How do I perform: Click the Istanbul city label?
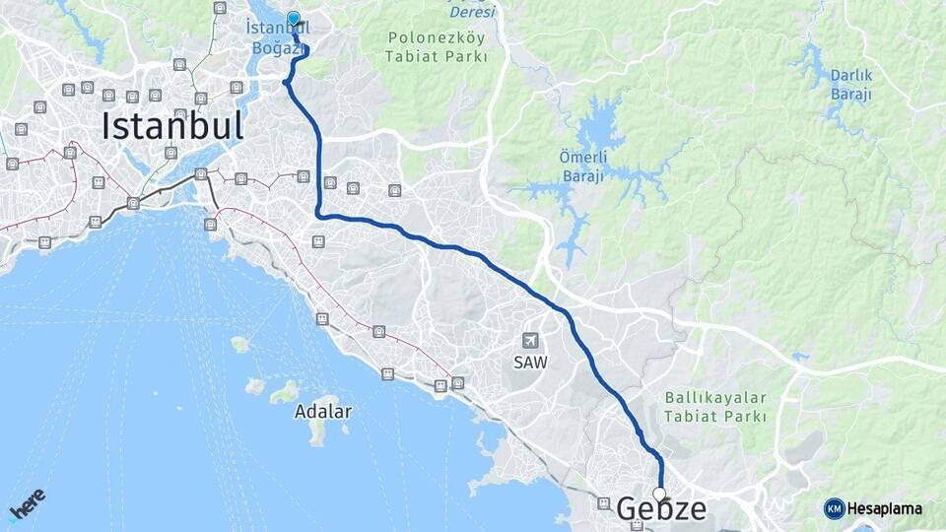coord(172,126)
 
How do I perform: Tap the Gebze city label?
coord(661,509)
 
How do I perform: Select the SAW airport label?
coord(530,363)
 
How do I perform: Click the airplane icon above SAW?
coord(530,341)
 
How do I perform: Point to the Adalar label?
coord(322,412)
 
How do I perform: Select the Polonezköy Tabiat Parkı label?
coord(439,47)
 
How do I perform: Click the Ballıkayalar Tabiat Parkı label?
coord(715,407)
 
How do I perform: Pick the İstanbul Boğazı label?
coord(277,38)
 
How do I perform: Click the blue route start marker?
coord(293,18)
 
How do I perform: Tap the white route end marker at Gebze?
coord(659,494)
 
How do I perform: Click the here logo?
coord(28,503)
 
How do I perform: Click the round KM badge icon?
coord(834,508)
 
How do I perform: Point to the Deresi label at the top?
coord(472,12)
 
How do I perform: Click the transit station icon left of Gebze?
coord(603,502)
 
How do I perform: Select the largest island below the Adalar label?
coord(319,432)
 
